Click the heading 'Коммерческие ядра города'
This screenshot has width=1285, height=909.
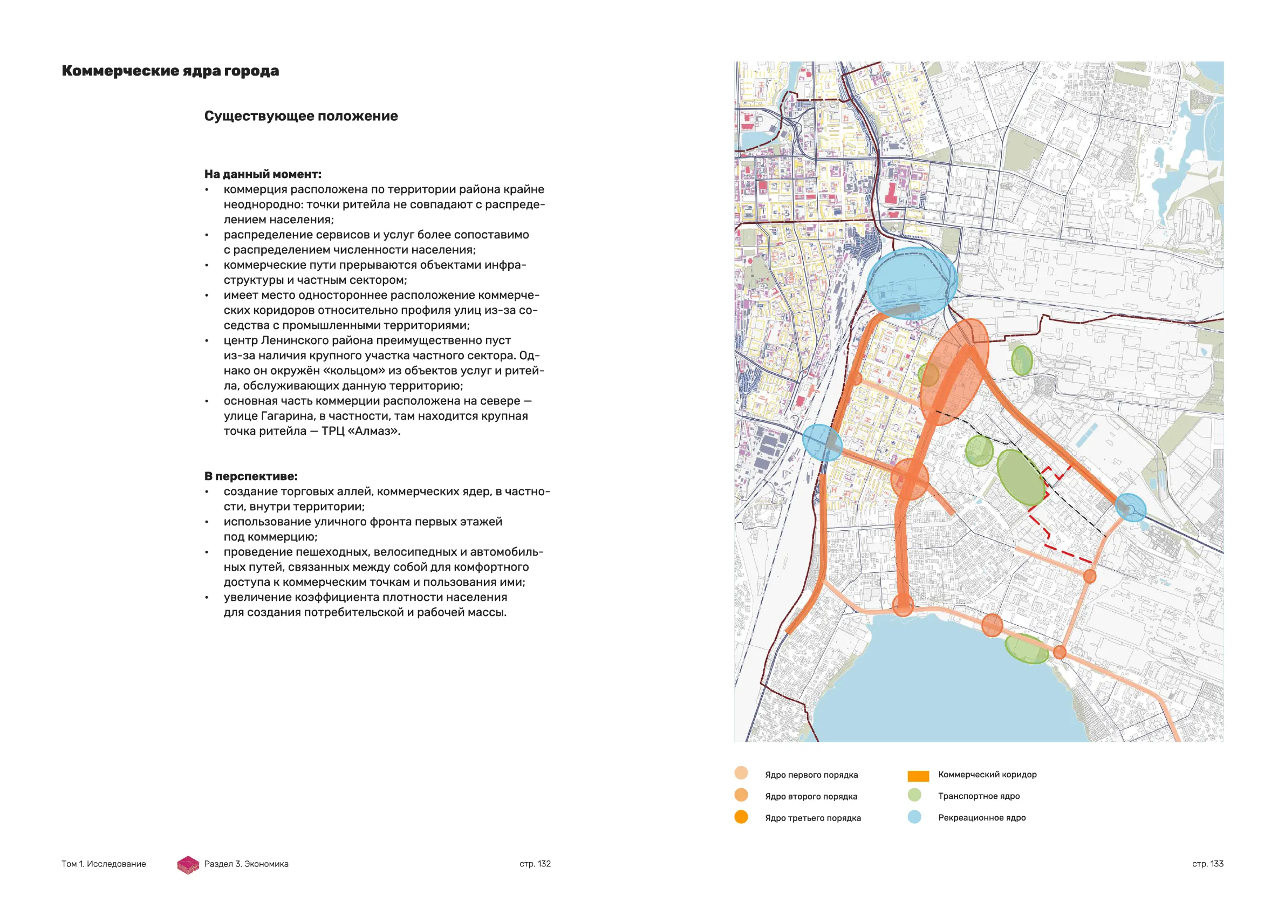pos(170,71)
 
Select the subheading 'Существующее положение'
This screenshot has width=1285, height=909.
pos(300,116)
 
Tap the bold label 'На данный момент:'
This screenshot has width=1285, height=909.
pos(263,174)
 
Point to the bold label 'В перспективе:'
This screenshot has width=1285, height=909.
pos(251,476)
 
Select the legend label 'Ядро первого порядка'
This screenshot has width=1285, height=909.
pos(811,775)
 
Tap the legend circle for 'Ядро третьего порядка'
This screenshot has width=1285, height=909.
pos(741,817)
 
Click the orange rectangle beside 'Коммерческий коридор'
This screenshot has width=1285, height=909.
pos(918,776)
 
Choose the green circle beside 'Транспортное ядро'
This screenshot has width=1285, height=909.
pos(914,795)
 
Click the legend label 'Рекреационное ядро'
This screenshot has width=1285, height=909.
pos(982,818)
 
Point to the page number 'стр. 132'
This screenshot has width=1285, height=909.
pos(535,864)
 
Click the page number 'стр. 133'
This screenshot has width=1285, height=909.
pos(1208,864)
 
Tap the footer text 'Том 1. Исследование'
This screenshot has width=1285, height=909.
pos(104,864)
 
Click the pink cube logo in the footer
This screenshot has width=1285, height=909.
pos(188,865)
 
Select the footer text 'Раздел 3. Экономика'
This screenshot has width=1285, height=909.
pos(246,864)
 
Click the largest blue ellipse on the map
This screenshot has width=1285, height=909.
pos(911,283)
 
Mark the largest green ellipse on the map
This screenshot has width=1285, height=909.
pos(1021,477)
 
